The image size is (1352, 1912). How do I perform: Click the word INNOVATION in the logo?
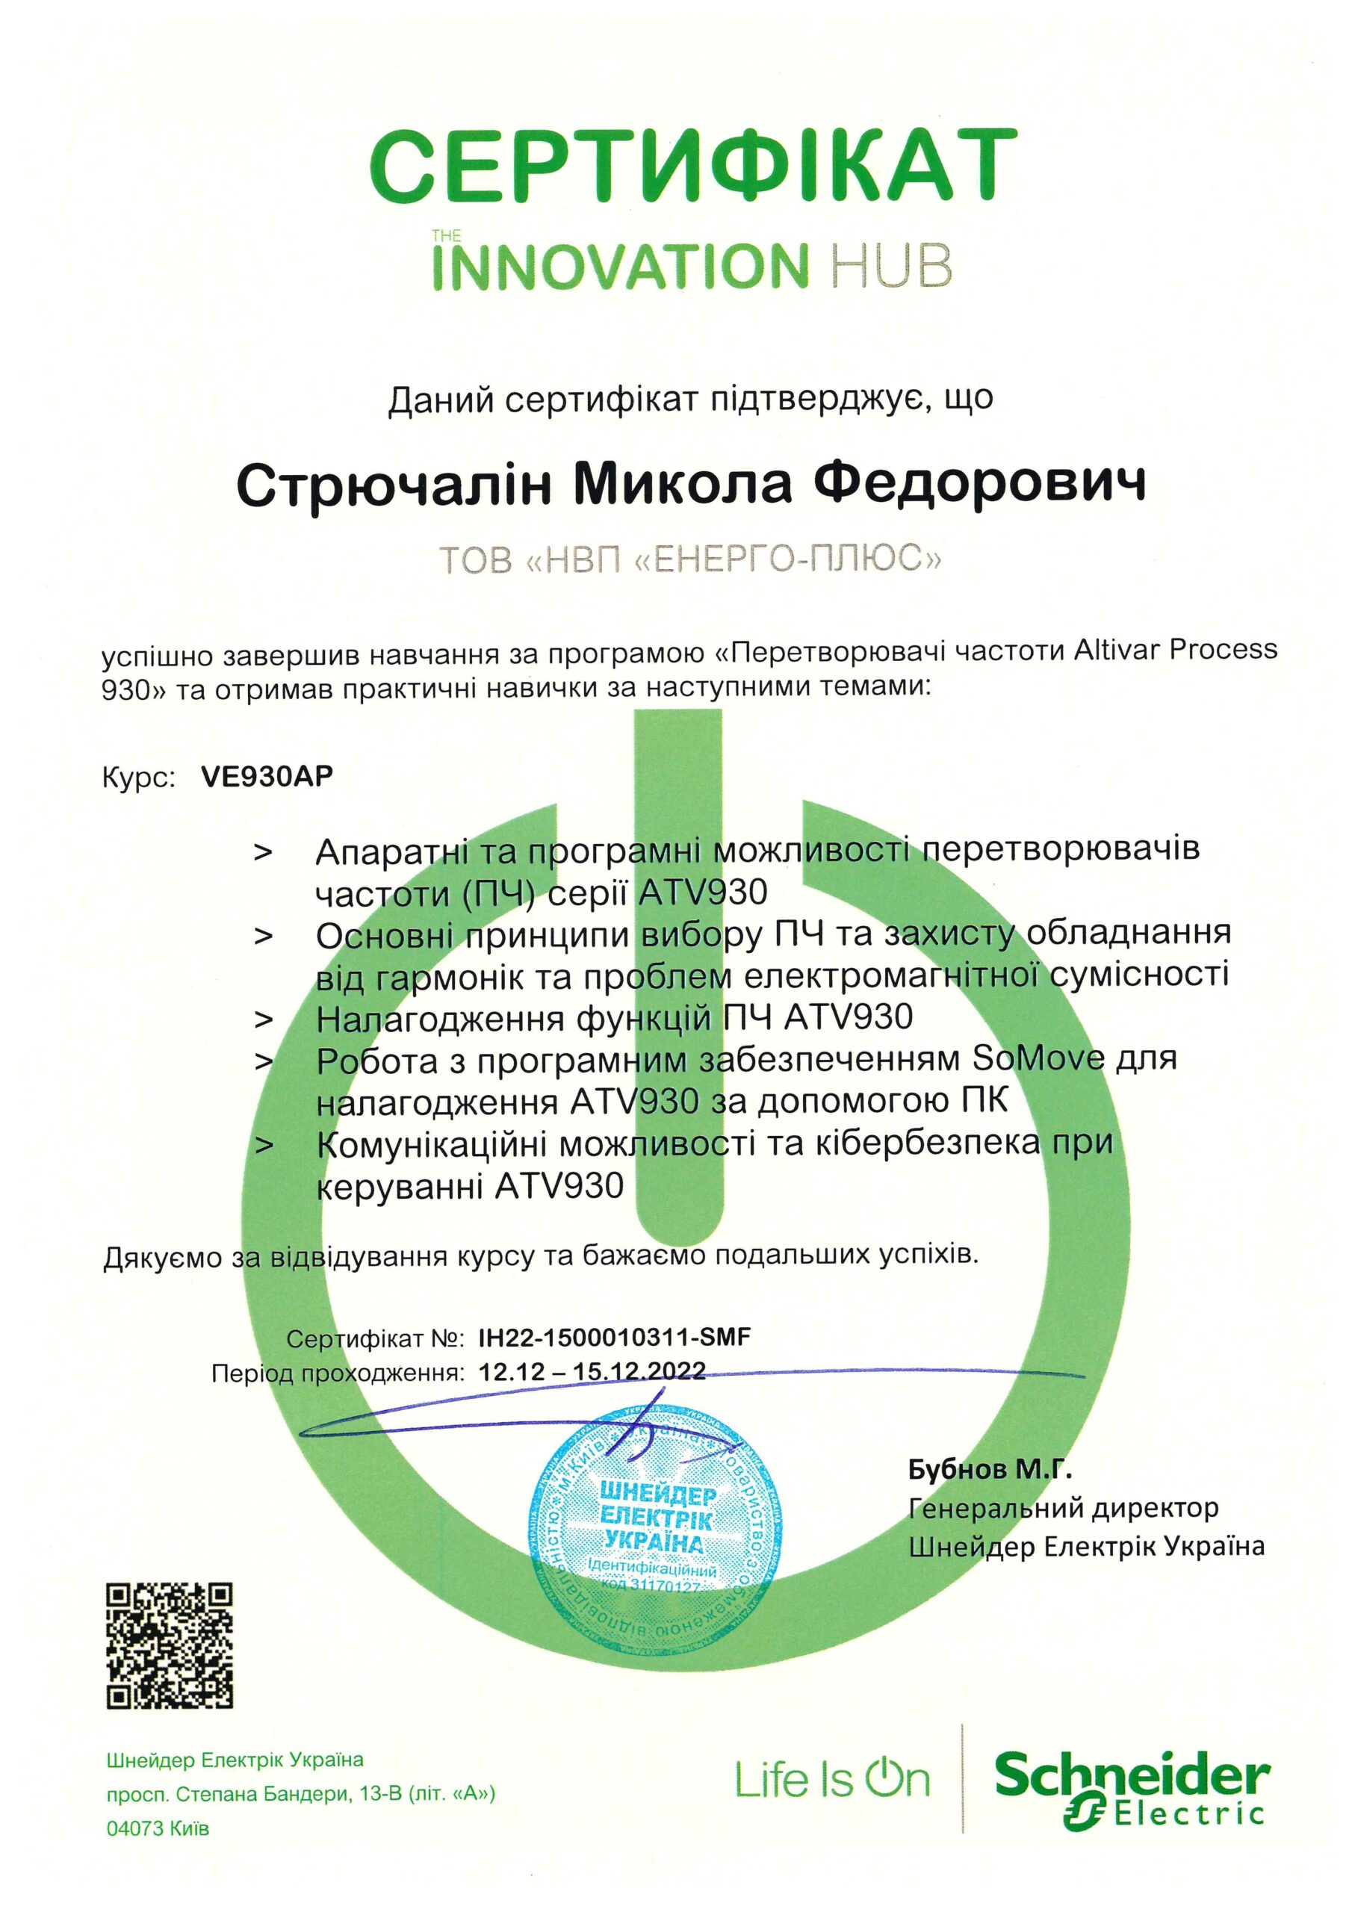point(620,267)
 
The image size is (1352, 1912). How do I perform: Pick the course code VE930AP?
point(267,776)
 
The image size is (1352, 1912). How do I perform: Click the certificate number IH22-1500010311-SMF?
point(615,1338)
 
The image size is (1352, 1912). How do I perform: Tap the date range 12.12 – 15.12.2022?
point(592,1371)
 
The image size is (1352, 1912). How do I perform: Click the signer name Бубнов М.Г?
point(990,1470)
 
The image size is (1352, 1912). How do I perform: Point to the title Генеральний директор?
point(1063,1507)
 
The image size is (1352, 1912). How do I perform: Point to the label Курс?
point(138,777)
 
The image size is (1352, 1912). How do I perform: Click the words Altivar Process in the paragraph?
point(1174,649)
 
